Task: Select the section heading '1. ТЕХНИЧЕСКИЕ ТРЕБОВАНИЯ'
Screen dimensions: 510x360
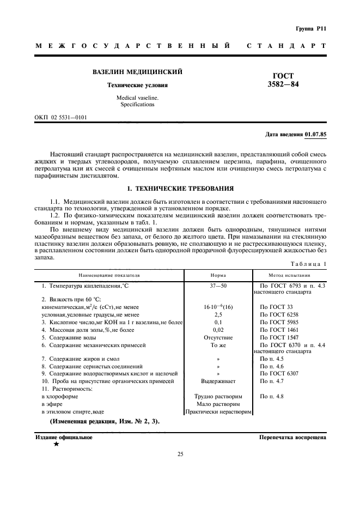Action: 180,189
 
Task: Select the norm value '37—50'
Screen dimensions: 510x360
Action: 218,285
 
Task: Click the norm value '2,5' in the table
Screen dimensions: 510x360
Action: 218,315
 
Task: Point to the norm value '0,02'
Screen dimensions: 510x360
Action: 218,330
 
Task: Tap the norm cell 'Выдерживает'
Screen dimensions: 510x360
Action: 218,381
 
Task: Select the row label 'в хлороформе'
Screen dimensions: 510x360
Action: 58,396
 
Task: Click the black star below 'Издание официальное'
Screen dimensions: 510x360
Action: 56,444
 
